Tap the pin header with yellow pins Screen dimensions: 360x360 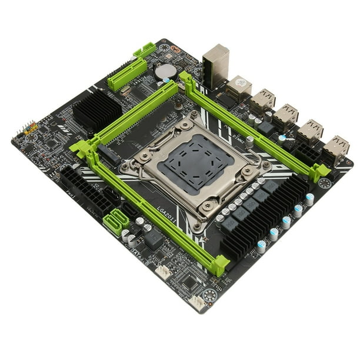(x=31, y=127)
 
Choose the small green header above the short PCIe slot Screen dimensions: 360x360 (x=145, y=49)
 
